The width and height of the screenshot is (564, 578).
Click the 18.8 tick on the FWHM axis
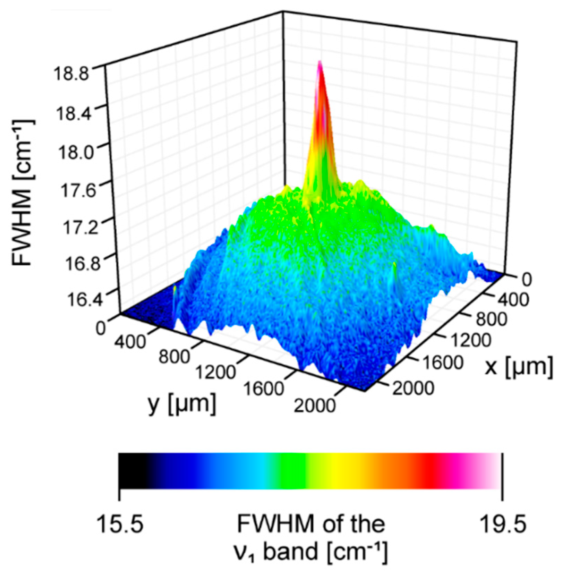point(71,74)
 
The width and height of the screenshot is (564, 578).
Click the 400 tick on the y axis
point(130,341)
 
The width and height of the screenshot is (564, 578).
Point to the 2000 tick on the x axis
point(413,387)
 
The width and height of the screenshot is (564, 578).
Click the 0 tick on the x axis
point(527,280)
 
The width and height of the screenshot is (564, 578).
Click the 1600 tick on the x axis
point(442,362)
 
